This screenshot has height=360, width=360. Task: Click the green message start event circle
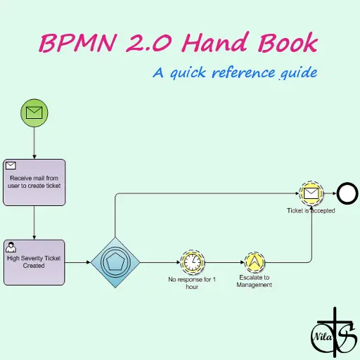[34, 112]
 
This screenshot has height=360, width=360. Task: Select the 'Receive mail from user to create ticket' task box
[34, 182]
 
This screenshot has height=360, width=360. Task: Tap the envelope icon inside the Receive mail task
[11, 165]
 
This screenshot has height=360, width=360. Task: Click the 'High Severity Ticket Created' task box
[34, 262]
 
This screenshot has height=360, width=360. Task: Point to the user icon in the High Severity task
[11, 247]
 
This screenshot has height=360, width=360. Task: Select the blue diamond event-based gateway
[115, 262]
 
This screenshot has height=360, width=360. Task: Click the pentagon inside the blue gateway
[115, 262]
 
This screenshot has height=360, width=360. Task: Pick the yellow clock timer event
[192, 262]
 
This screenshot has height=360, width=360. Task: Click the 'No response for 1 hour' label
[192, 283]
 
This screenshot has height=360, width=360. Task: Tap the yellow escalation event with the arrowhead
[255, 262]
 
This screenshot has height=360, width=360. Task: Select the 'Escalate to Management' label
[255, 281]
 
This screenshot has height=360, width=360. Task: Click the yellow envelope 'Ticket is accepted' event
[311, 193]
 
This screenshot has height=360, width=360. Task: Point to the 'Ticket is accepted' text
[311, 210]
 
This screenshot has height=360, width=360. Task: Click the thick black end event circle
[347, 193]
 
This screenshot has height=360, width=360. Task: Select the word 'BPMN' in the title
[78, 43]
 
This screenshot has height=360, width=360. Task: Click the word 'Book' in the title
[288, 41]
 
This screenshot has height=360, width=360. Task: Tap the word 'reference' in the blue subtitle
[243, 72]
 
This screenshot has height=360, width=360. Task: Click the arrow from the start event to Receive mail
[34, 143]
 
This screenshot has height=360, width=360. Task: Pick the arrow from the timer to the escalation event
[224, 262]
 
